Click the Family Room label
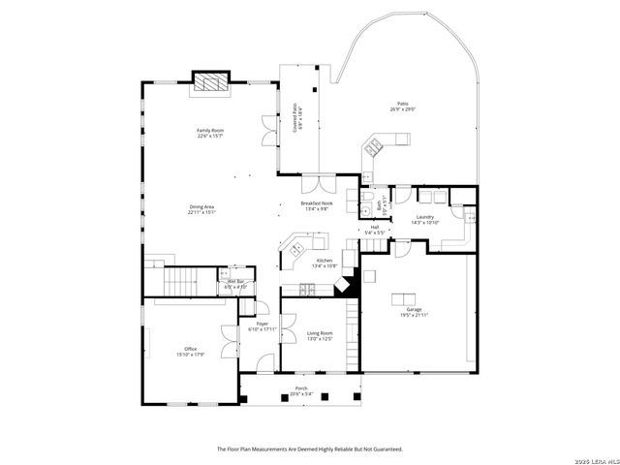click(210, 133)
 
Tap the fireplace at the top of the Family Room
click(211, 83)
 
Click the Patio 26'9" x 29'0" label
click(401, 107)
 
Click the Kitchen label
click(325, 263)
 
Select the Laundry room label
click(425, 219)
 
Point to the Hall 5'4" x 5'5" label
click(374, 231)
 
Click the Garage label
click(414, 312)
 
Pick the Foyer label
click(262, 326)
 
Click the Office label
click(190, 352)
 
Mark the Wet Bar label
click(236, 284)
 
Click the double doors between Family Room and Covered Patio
click(268, 133)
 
